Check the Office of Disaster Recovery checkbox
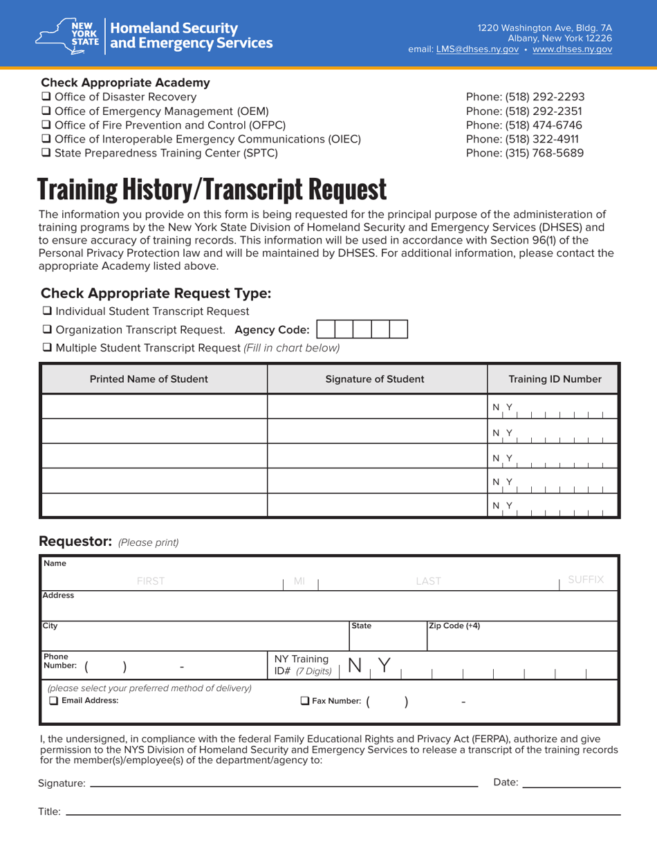click(x=46, y=98)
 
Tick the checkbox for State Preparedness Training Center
click(x=46, y=153)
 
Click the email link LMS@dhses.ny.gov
click(x=477, y=49)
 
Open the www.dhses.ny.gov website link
click(x=572, y=49)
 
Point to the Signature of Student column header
click(x=375, y=379)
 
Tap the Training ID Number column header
click(x=555, y=379)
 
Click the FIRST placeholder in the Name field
click(x=151, y=581)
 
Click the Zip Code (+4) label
click(x=455, y=626)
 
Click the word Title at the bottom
click(x=49, y=812)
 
